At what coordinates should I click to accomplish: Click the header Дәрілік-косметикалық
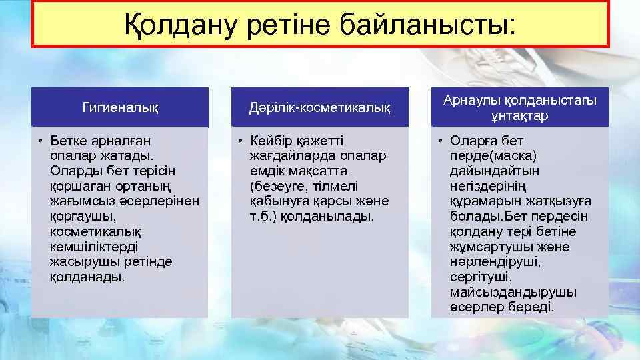pos(320,107)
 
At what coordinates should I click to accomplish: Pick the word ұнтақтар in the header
pos(520,115)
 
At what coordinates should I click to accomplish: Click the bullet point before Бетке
pos(41,141)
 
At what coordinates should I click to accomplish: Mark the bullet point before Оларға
pos(441,141)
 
